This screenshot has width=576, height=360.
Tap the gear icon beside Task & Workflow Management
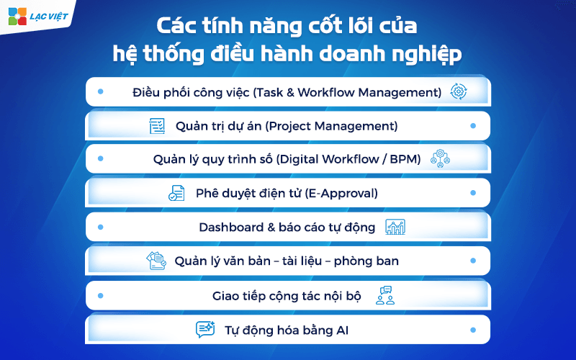click(x=458, y=92)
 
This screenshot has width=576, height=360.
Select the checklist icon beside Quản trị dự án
click(x=156, y=126)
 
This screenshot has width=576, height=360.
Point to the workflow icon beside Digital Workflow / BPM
click(x=440, y=160)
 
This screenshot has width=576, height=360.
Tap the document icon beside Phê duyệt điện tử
click(x=176, y=194)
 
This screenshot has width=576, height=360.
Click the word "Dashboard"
click(x=227, y=228)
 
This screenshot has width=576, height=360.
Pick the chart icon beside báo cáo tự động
click(x=395, y=228)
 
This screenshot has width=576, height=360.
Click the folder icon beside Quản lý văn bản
click(x=156, y=261)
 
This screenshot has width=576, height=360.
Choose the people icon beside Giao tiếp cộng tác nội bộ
click(x=385, y=295)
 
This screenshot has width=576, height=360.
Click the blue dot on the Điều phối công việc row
click(x=100, y=92)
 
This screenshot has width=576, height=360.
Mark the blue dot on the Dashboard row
click(x=100, y=228)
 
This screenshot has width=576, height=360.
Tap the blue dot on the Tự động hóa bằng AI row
click(x=472, y=330)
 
